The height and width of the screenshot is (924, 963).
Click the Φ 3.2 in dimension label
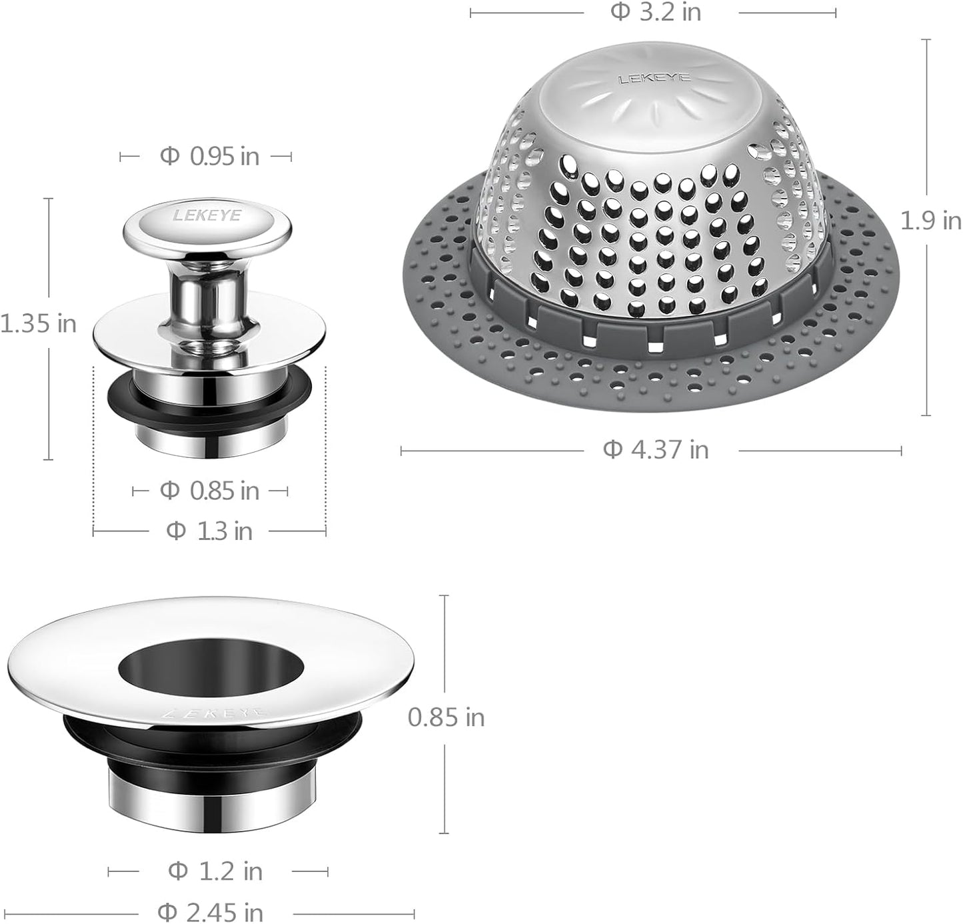pos(656,12)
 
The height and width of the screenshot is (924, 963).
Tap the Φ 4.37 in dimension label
pos(656,450)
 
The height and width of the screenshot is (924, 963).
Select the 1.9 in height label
pos(930,221)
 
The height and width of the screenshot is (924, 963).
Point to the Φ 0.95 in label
pos(209,157)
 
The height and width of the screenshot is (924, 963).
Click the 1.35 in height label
pos(39,324)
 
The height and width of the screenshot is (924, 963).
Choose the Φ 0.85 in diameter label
pos(209,491)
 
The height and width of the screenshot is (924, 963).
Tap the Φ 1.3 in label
pos(209,531)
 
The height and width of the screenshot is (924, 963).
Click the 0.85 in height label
pos(446,717)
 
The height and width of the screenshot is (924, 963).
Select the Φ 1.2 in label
pos(215,871)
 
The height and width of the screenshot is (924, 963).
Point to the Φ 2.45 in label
pos(210,911)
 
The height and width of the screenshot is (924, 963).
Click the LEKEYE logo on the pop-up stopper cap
pos(208,215)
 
